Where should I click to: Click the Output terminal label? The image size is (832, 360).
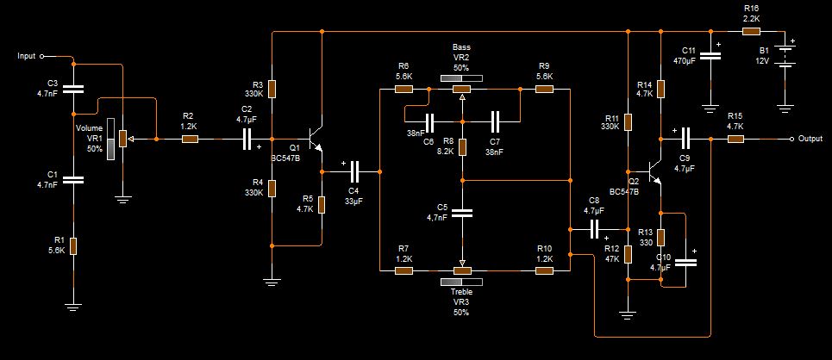(x=810, y=139)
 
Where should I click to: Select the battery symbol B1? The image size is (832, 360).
(x=785, y=57)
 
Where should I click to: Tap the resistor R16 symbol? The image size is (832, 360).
(x=751, y=31)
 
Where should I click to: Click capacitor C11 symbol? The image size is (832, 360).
(x=710, y=57)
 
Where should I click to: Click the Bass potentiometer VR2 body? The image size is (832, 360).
(x=462, y=89)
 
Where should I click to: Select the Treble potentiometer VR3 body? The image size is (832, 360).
(x=462, y=270)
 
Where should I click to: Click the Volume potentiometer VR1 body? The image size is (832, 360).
(x=122, y=139)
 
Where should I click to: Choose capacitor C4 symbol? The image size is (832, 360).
(x=353, y=170)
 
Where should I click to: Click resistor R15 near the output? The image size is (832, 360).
(x=735, y=139)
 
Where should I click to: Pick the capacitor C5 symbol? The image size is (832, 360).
(x=462, y=213)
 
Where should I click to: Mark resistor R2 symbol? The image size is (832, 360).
(x=189, y=139)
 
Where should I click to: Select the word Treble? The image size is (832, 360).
(x=461, y=291)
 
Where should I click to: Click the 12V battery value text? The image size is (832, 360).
(x=762, y=61)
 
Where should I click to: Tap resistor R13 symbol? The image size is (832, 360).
(x=660, y=238)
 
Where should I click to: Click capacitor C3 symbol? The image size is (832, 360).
(x=73, y=88)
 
